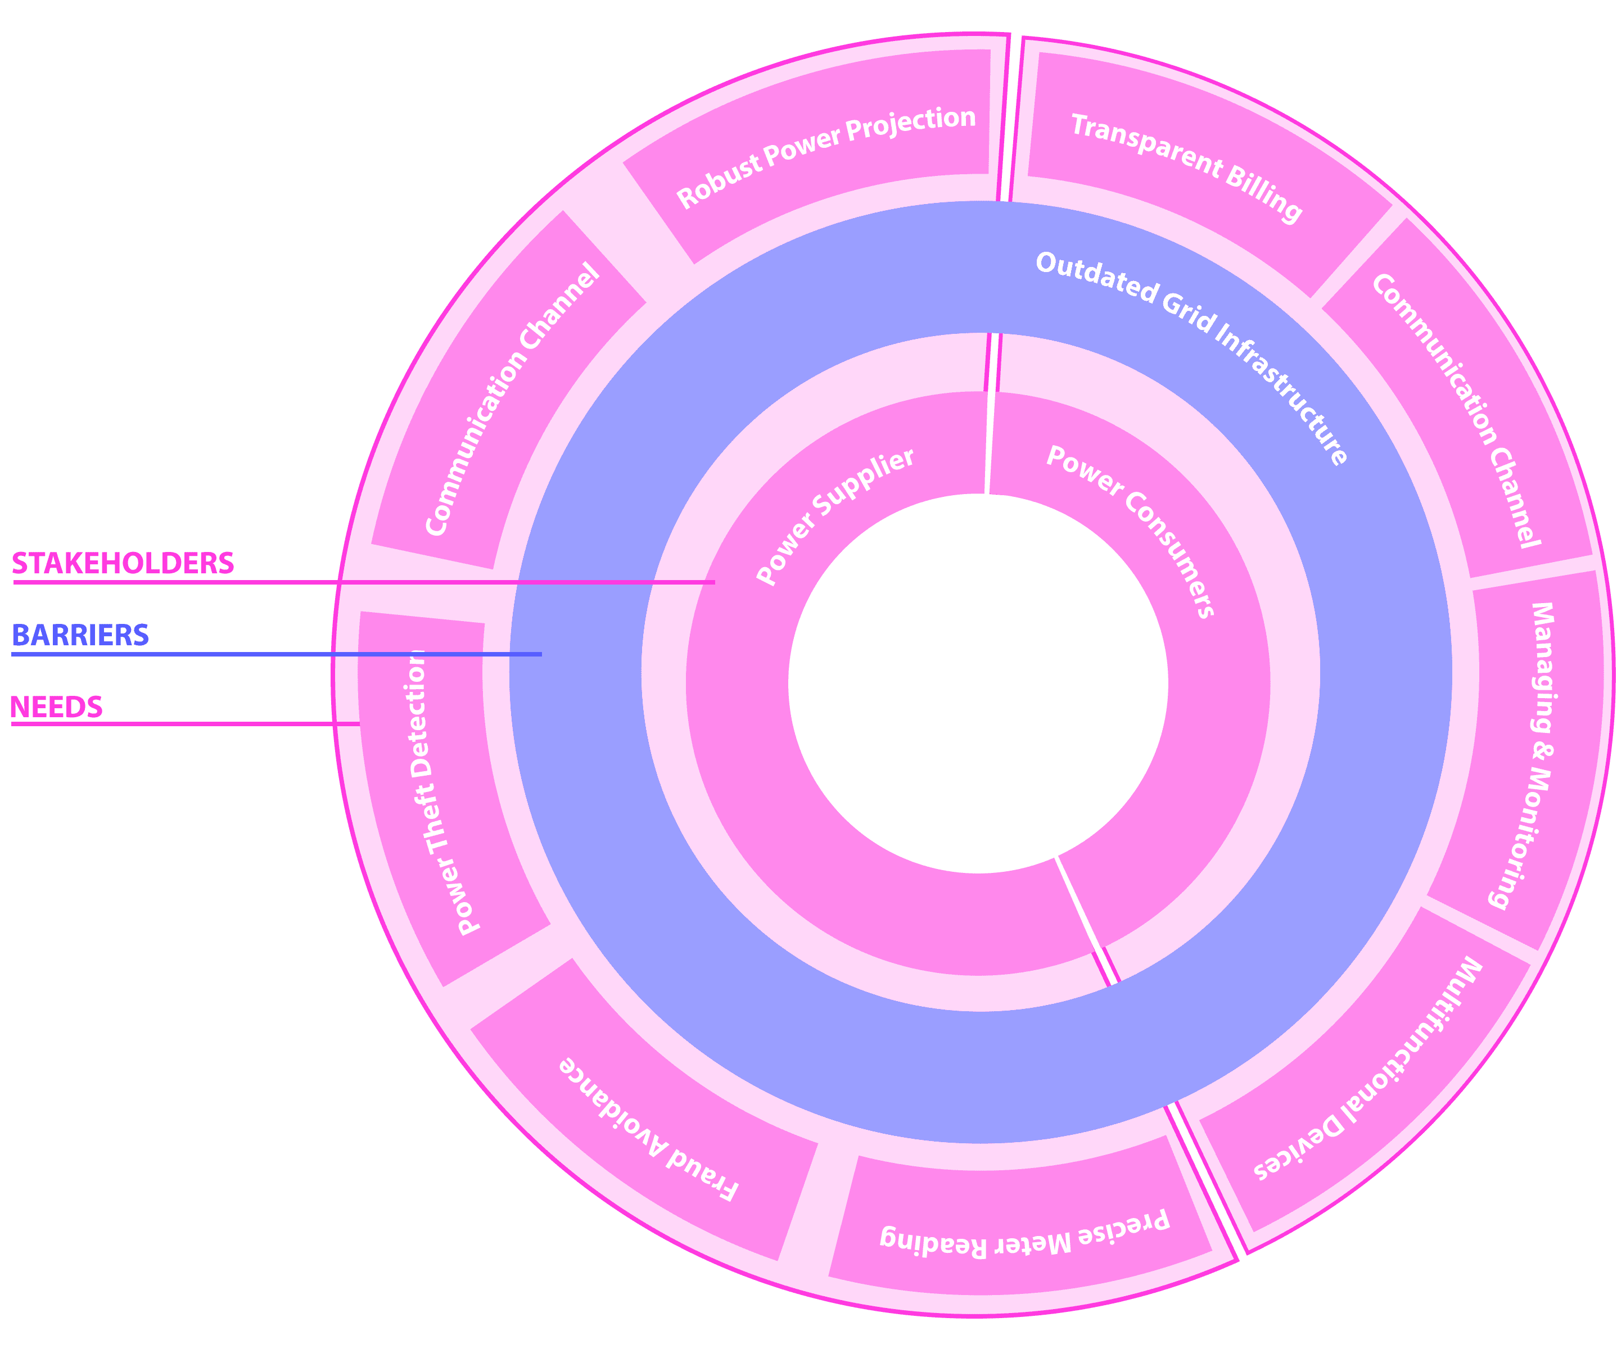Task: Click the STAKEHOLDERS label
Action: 123,564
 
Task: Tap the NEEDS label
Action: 56,707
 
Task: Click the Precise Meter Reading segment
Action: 1024,1232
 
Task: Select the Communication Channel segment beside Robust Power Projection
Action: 512,400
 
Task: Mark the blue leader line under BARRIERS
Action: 277,654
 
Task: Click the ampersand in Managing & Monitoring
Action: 1542,752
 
